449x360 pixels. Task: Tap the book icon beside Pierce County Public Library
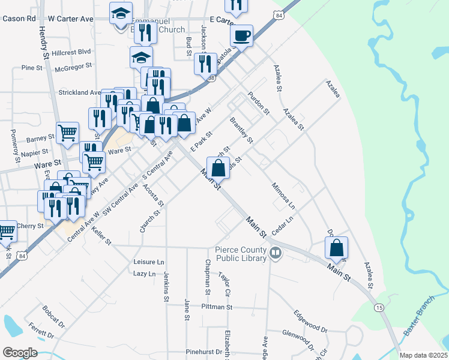[276, 254]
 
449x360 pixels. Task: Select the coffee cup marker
[241, 36]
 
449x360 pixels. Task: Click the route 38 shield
[211, 79]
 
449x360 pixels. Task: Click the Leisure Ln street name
[148, 262]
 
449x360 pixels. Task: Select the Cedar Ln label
[281, 221]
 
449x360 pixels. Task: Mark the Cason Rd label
[19, 19]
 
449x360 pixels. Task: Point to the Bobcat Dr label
[53, 317]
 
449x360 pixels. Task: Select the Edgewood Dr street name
[310, 322]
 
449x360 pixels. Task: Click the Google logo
[20, 353]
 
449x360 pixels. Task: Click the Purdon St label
[259, 104]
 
